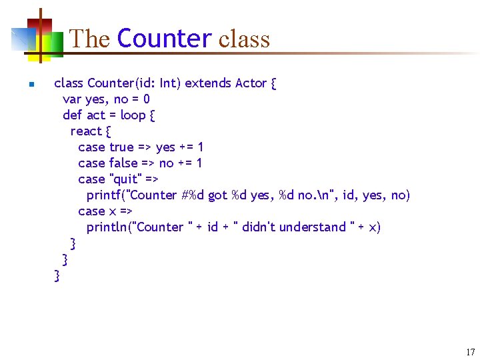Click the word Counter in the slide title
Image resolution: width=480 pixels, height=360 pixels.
pyautogui.click(x=164, y=39)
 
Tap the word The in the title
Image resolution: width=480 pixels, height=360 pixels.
pyautogui.click(x=90, y=39)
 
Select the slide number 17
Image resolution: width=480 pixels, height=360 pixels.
pyautogui.click(x=470, y=352)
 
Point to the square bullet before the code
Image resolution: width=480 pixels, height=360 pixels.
pyautogui.click(x=30, y=85)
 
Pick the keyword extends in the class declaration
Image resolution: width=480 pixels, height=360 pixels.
pyautogui.click(x=208, y=83)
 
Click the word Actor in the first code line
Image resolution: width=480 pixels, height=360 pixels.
pyautogui.click(x=251, y=83)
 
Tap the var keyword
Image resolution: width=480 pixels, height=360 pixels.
pyautogui.click(x=72, y=99)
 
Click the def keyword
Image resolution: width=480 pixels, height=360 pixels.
pyautogui.click(x=72, y=115)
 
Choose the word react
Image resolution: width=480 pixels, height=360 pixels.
pyautogui.click(x=86, y=131)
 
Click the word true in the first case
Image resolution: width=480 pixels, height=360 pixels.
pyautogui.click(x=121, y=147)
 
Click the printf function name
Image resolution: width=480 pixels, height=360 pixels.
pyautogui.click(x=105, y=195)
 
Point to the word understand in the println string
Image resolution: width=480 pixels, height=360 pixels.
pyautogui.click(x=313, y=227)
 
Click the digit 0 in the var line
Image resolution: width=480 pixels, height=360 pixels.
pyautogui.click(x=146, y=99)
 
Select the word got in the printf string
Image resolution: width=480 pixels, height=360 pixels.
pyautogui.click(x=217, y=195)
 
